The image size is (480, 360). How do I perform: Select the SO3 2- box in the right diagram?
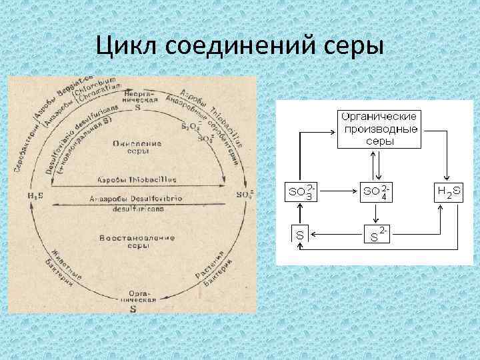pyautogui.click(x=301, y=191)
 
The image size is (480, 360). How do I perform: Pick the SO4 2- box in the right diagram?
pyautogui.click(x=378, y=191)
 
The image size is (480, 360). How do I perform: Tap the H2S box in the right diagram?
pyautogui.click(x=451, y=191)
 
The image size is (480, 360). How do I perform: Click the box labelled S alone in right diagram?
pyautogui.click(x=301, y=235)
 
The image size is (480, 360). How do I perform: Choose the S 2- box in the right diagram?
pyautogui.click(x=378, y=235)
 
